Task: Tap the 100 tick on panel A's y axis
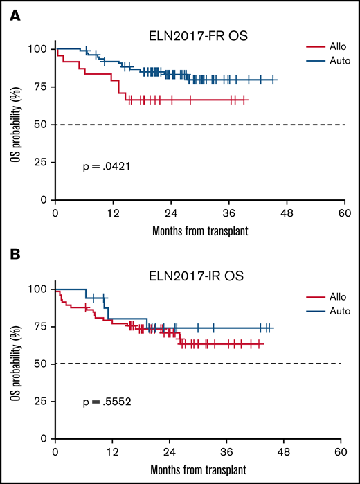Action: coord(41,49)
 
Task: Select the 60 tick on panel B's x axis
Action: coord(339,452)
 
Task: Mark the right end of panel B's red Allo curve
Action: coord(264,343)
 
